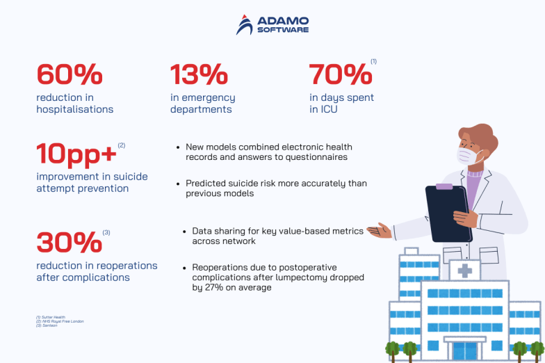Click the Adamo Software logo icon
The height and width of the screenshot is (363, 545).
[245, 24]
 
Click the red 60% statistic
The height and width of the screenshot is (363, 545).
[70, 74]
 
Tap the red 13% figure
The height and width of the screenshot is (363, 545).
[199, 74]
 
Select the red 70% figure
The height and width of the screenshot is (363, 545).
[340, 74]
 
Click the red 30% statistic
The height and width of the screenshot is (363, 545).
[69, 243]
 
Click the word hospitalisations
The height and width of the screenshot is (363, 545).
[75, 109]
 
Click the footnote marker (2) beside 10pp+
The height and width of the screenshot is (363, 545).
[122, 145]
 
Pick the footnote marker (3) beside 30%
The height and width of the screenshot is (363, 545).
[106, 232]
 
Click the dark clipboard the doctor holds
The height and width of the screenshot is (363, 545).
[448, 211]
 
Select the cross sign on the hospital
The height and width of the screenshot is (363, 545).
[464, 271]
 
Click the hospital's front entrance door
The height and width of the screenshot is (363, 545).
[465, 350]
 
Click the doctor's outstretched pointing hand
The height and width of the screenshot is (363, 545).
[381, 230]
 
